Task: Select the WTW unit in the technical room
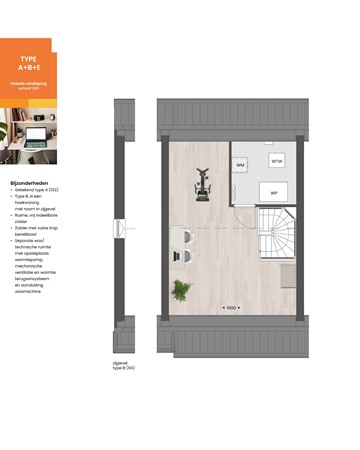tap(277, 160)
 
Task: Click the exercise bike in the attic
tap(202, 186)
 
